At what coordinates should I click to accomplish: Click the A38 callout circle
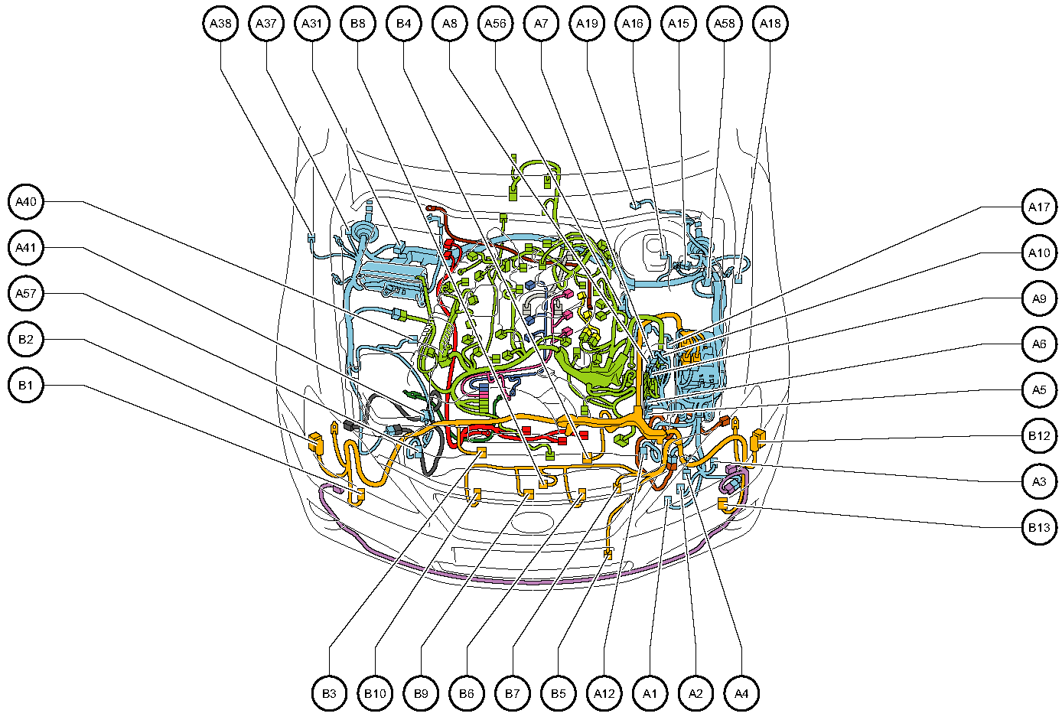point(220,24)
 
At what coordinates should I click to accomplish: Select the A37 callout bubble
point(266,24)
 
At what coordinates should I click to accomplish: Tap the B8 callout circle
point(358,24)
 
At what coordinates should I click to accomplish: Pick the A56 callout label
point(495,24)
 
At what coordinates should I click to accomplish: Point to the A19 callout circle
point(587,24)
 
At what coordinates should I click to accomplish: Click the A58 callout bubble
point(724,24)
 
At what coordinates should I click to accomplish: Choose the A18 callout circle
point(770,24)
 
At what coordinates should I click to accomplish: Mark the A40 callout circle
point(26,202)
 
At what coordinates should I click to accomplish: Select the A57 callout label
point(26,294)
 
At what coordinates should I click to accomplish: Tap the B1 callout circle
point(26,386)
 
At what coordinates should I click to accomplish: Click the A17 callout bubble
point(1039,207)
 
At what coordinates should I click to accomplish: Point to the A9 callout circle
point(1039,298)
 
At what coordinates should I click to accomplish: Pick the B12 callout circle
point(1039,436)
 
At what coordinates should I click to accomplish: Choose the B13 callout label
point(1039,527)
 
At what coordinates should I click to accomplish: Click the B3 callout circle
point(329,693)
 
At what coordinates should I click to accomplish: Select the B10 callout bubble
point(375,693)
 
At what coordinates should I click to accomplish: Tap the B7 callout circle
point(513,693)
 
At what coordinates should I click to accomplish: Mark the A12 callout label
point(604,693)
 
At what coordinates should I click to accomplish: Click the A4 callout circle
point(741,693)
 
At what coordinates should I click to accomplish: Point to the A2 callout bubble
point(696,693)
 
